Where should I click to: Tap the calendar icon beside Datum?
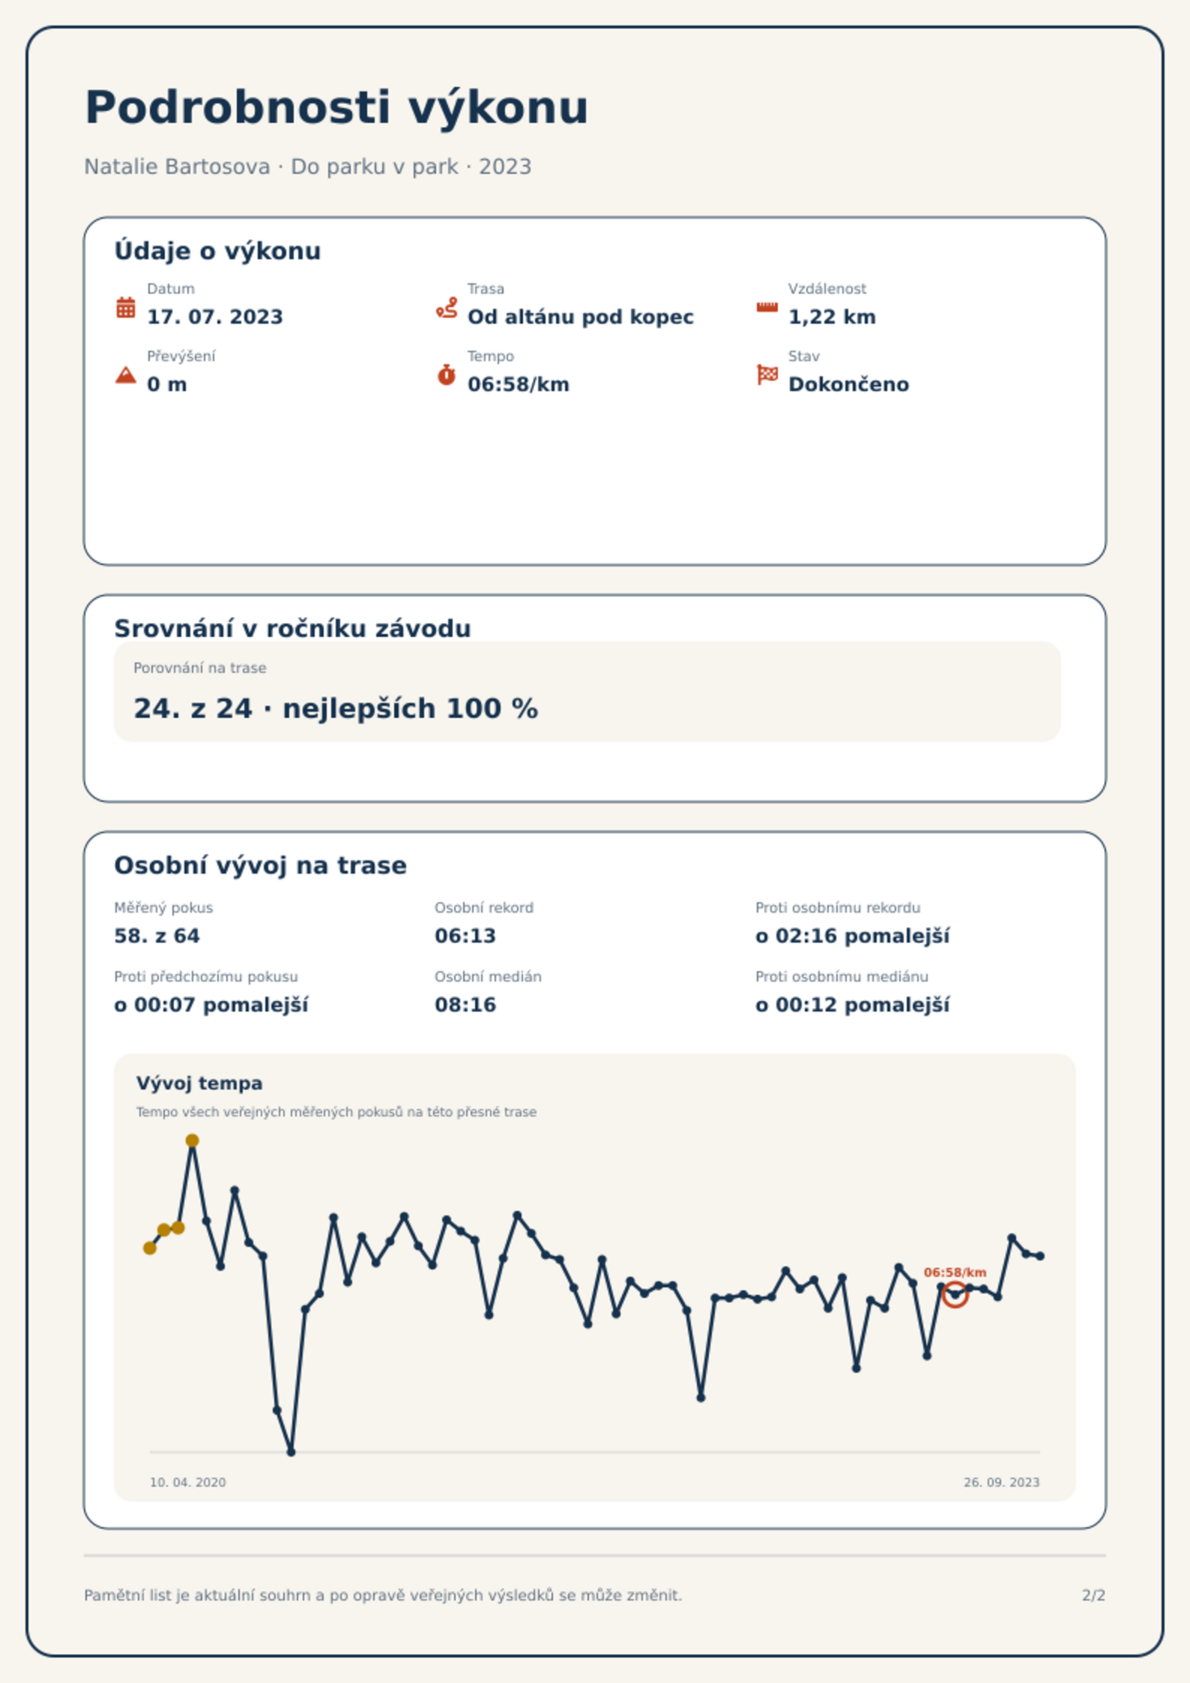point(126,307)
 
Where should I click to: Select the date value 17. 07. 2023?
point(215,317)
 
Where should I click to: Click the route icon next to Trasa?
point(447,307)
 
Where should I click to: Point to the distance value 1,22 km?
point(832,317)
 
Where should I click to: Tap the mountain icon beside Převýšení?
point(126,375)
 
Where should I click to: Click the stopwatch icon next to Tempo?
point(447,375)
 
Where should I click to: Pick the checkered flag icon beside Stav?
point(767,375)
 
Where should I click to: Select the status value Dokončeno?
point(848,384)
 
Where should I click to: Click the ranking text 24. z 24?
point(193,709)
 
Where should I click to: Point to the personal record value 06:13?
point(465,936)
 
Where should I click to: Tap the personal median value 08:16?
point(465,1005)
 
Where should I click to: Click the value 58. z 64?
point(157,936)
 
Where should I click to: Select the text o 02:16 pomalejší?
point(852,937)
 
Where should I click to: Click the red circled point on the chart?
point(955,1294)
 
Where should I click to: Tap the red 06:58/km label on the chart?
point(955,1272)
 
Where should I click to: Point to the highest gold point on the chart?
point(192,1140)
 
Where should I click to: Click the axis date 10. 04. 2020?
point(187,1482)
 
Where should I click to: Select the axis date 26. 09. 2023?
point(1001,1482)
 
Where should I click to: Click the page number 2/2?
point(1093,1595)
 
